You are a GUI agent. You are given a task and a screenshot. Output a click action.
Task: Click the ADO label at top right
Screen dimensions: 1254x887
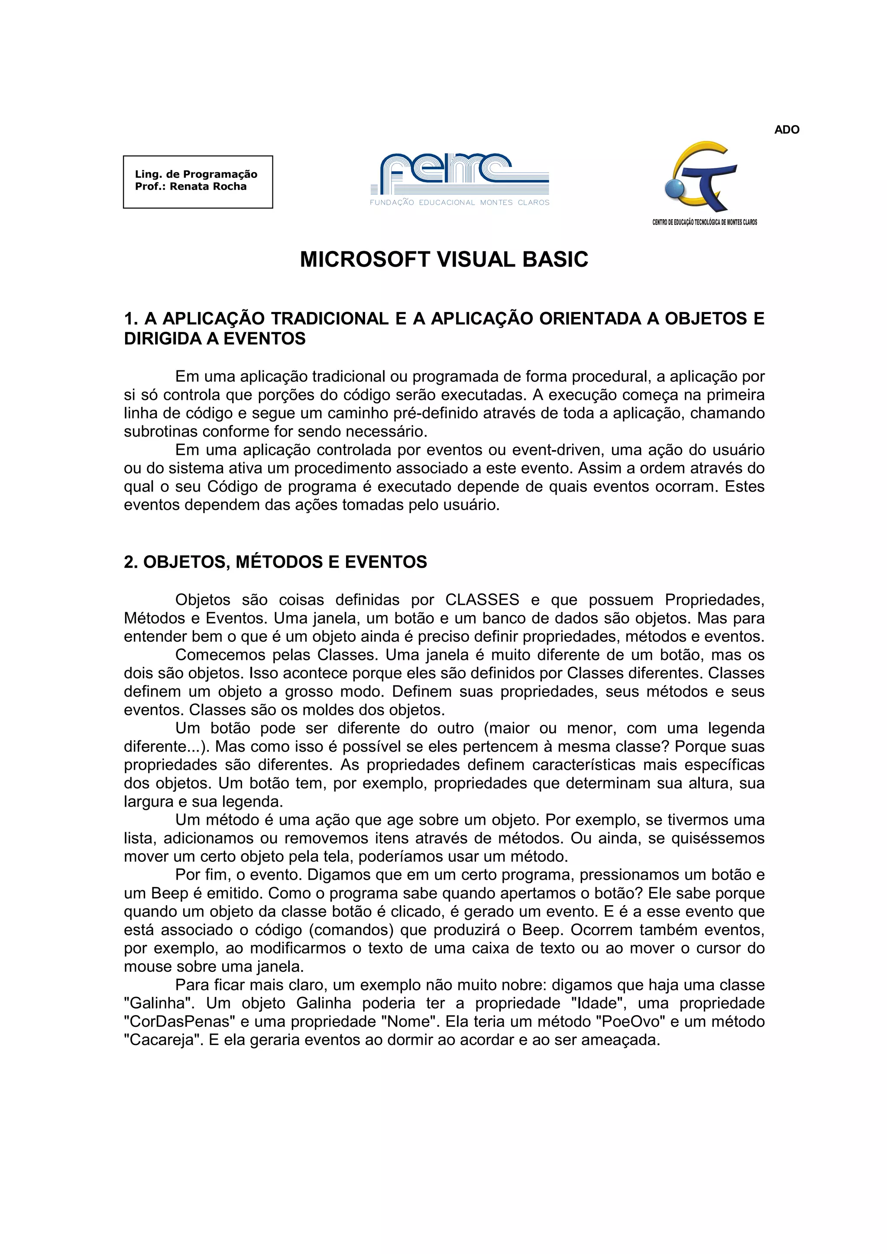(x=787, y=130)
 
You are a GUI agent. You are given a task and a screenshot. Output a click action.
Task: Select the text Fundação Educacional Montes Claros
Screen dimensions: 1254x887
(x=459, y=203)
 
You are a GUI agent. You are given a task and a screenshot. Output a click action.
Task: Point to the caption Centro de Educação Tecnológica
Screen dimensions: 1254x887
(x=705, y=222)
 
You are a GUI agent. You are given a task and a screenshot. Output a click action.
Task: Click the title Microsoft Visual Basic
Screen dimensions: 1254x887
(x=444, y=260)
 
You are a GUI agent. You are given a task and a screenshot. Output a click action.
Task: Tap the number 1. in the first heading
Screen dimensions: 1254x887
(x=131, y=318)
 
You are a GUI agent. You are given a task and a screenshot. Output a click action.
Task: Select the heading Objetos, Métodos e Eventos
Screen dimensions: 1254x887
(x=275, y=562)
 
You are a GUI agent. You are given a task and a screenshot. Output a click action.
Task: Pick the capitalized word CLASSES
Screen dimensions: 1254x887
(x=482, y=600)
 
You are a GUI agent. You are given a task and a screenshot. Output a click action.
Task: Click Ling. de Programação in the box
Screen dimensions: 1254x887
(x=196, y=174)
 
